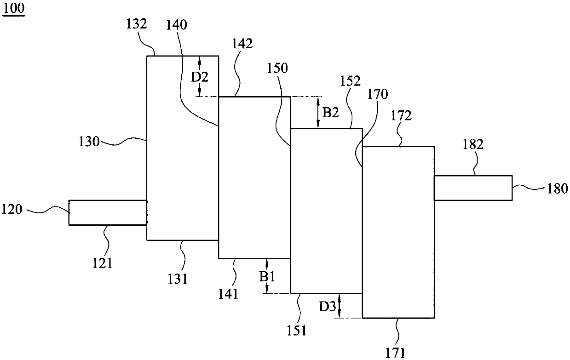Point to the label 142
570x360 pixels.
[x=242, y=44]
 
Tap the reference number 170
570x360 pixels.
[x=378, y=94]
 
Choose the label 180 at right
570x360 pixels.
[x=557, y=189]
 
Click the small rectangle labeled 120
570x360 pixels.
[x=108, y=212]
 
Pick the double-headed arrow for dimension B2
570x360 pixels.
[x=318, y=112]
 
